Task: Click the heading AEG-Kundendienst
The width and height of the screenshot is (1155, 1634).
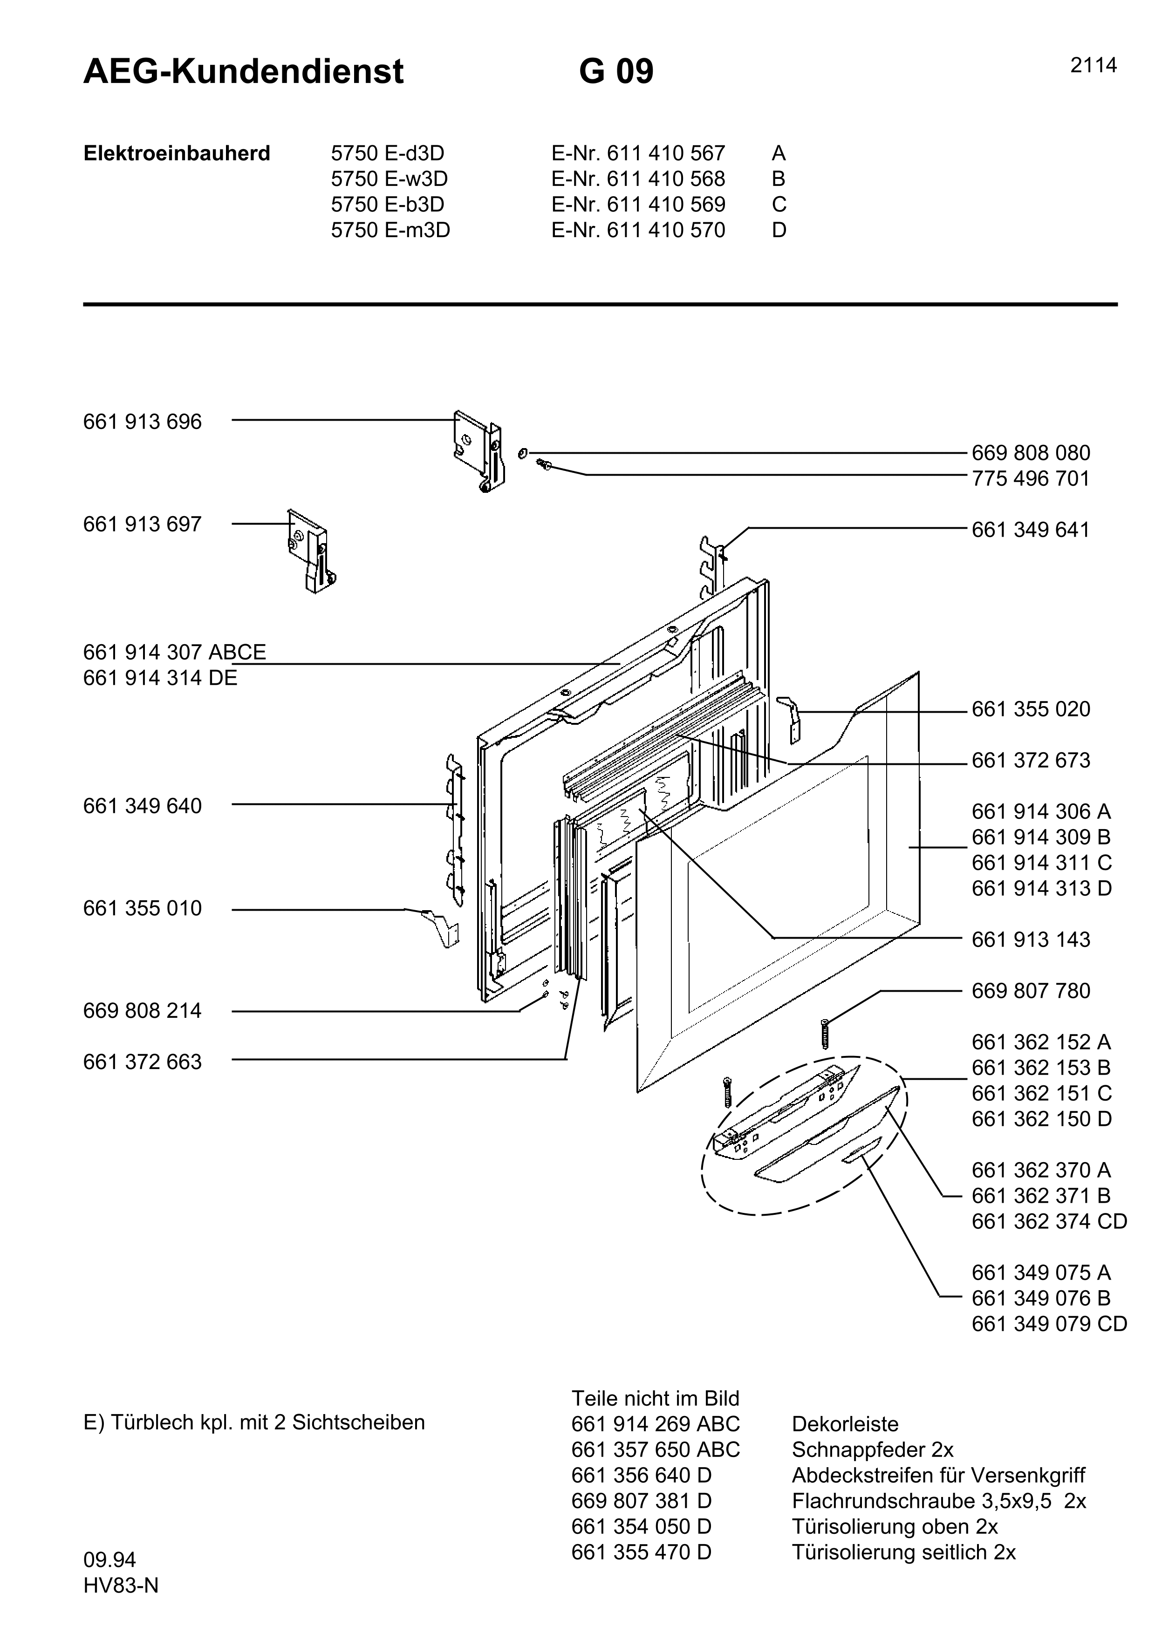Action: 243,72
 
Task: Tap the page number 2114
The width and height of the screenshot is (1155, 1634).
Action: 1093,66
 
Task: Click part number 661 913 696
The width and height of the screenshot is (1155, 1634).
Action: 142,422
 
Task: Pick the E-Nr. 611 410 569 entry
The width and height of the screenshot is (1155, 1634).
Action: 638,205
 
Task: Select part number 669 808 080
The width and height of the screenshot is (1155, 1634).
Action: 1031,453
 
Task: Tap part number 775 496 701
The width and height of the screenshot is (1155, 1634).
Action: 1031,479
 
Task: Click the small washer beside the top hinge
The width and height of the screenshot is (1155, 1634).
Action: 523,453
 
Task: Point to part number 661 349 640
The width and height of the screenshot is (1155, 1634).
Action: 142,806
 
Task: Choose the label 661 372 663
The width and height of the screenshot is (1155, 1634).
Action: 142,1062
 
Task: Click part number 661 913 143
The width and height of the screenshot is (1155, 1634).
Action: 1031,940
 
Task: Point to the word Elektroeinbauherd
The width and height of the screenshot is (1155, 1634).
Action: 177,154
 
